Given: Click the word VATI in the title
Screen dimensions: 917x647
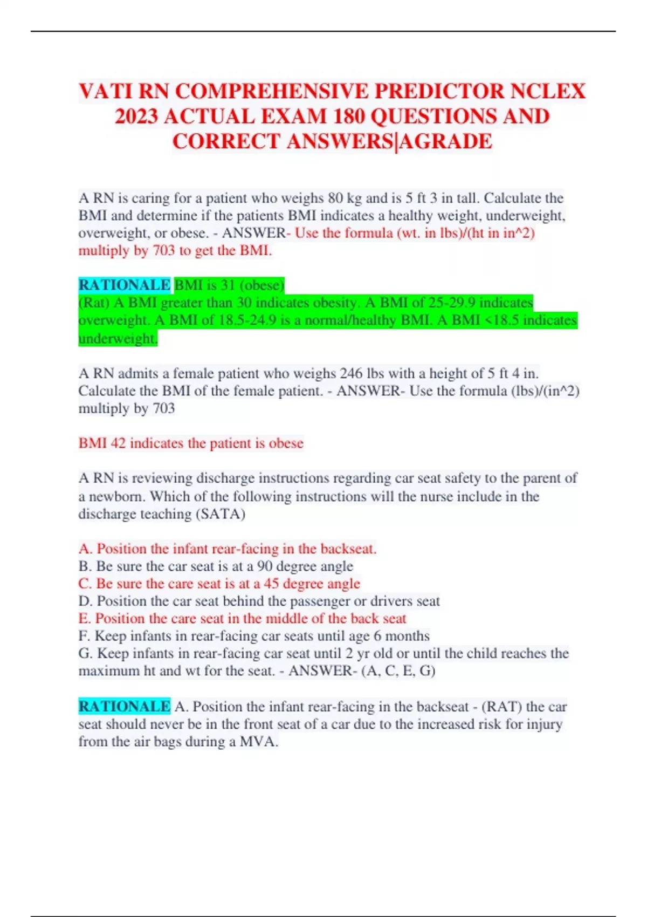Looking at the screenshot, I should [x=105, y=91].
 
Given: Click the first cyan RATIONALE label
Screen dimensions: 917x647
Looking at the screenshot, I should [x=124, y=285].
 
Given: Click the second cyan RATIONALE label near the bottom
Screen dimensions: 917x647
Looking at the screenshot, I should [x=124, y=706].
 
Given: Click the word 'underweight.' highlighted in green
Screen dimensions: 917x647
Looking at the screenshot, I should [x=118, y=338].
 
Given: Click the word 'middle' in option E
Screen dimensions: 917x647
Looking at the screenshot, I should [x=288, y=618].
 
